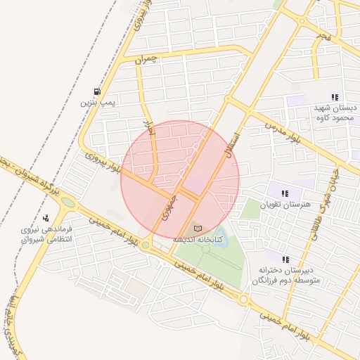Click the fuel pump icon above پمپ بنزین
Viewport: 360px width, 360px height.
96,91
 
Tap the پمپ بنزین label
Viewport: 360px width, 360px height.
96,103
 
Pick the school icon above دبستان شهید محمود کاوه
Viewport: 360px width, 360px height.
335,97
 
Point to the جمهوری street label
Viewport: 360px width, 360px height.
168,207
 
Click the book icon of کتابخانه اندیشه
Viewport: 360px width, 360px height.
197,229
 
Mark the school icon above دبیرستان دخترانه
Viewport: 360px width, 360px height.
285,259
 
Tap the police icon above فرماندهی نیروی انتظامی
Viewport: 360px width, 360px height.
46,218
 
